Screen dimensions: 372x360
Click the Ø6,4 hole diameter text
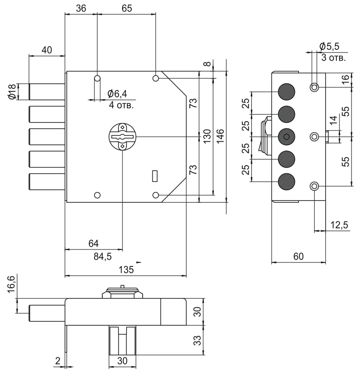pos(117,94)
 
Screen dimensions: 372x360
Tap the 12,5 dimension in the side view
pos(339,225)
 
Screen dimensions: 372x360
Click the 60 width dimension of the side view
pos(298,256)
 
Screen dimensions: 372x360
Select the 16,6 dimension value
pos(12,285)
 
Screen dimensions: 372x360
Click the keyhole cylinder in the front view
pos(122,137)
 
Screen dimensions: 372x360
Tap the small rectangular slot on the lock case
pos(155,176)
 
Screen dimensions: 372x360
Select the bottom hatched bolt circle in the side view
pos(286,182)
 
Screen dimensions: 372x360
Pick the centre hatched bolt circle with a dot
pos(286,136)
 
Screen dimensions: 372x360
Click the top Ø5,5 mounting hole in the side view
pos(315,87)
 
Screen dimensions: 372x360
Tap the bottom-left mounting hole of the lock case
pos(98,195)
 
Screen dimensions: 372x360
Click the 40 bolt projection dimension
pos(47,50)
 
